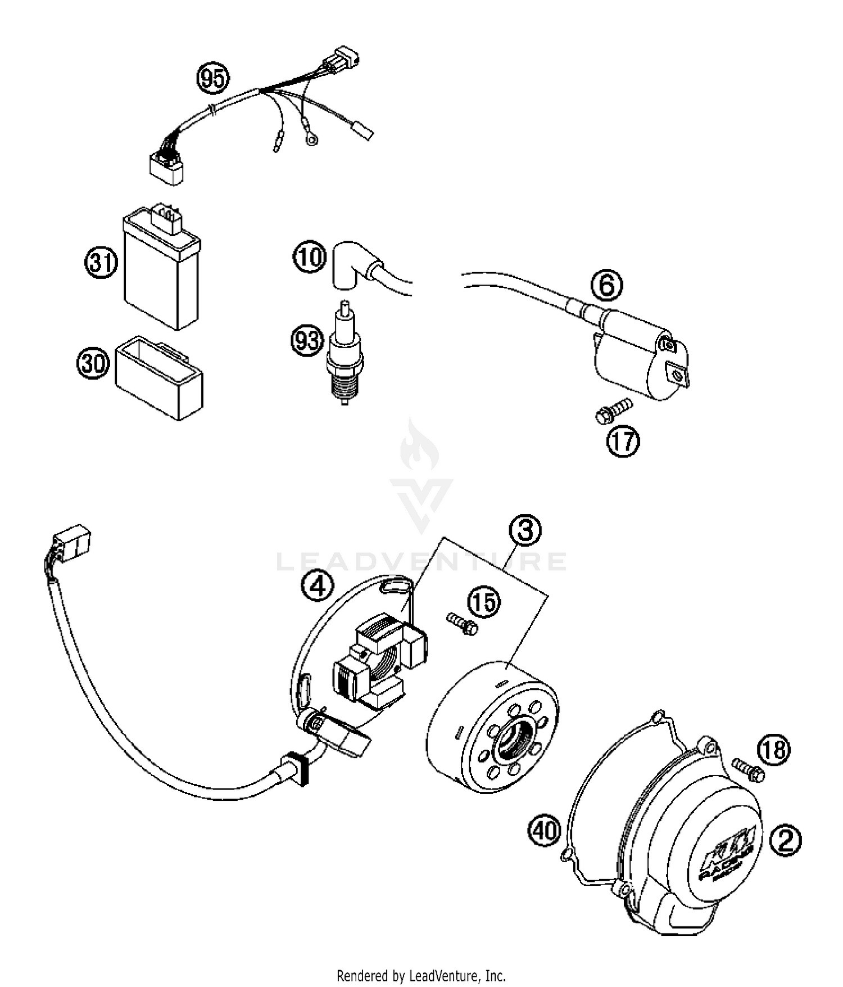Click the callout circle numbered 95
(213, 79)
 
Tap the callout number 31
(101, 262)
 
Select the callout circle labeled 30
(93, 364)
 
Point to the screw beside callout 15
(463, 624)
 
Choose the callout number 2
(785, 841)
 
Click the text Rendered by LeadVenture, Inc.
(421, 975)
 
